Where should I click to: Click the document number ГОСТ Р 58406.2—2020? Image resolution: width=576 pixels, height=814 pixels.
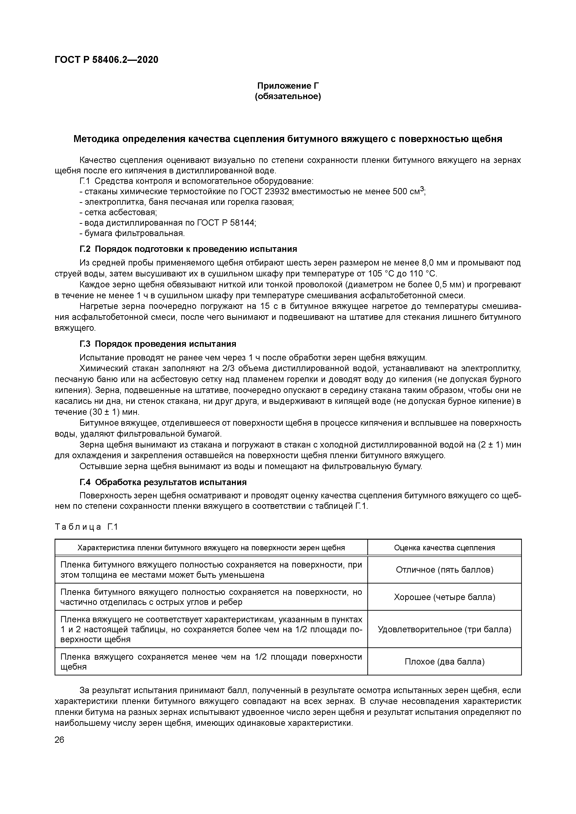[106, 60]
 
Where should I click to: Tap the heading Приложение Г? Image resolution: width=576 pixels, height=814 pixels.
[288, 86]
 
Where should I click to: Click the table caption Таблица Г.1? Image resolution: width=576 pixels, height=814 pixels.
[86, 527]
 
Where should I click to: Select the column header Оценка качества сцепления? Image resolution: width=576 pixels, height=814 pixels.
[444, 548]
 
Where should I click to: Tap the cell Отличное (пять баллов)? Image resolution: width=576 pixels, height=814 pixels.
[444, 570]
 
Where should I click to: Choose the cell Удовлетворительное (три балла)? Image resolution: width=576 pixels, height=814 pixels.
[444, 629]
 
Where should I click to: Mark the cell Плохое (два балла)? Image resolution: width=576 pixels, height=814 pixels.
[444, 662]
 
